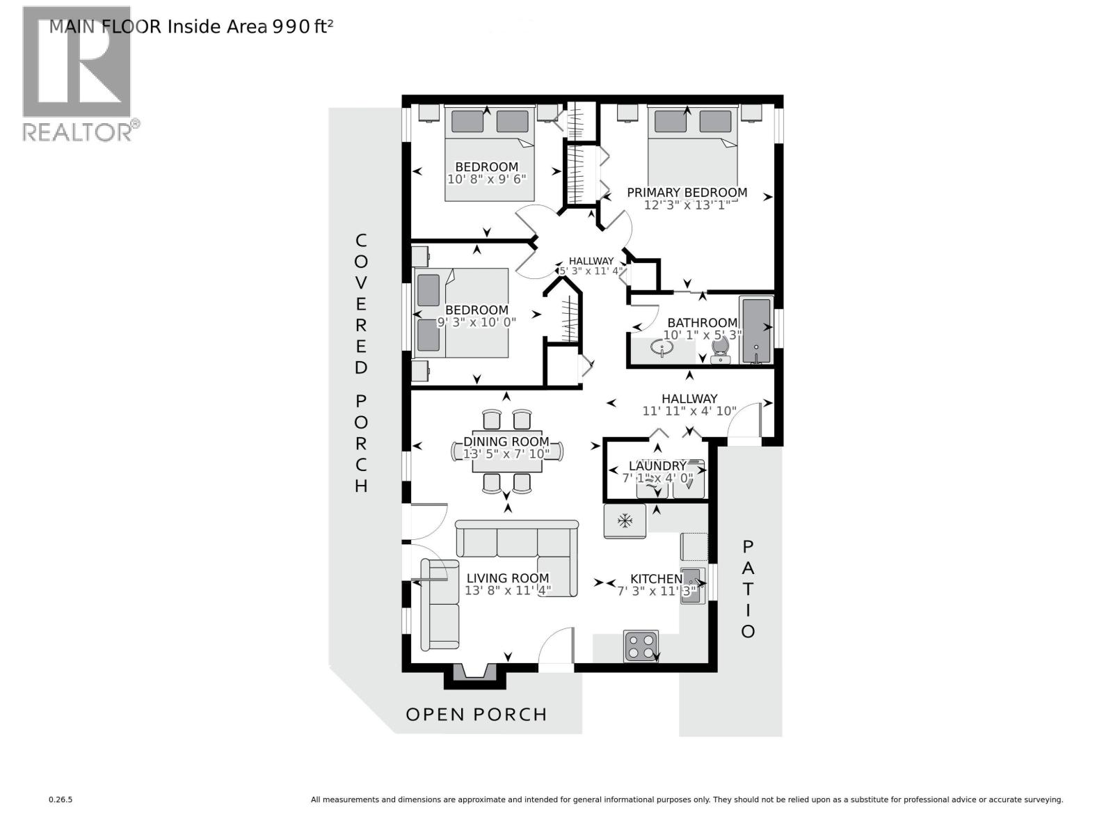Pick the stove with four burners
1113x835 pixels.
(641, 645)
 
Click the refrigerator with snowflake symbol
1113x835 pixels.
(625, 520)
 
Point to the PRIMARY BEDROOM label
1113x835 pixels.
(687, 192)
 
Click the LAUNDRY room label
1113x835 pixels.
(657, 466)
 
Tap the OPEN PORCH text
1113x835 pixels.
(477, 715)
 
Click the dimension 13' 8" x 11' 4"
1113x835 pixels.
(508, 591)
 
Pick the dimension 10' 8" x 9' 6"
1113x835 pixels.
(486, 179)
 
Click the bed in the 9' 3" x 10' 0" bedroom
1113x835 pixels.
(463, 313)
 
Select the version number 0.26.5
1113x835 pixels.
(61, 800)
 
